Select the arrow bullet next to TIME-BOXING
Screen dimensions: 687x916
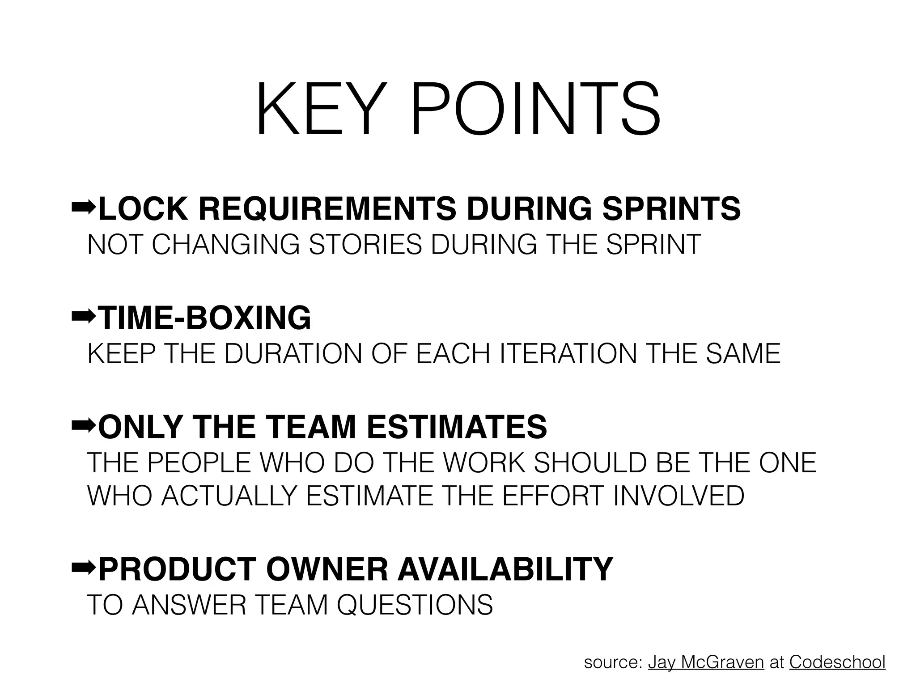83,317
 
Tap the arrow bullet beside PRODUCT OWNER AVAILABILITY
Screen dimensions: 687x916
83,568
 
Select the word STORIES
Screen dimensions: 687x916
365,245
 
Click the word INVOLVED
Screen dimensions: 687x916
679,496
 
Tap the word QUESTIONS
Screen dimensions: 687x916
415,605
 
